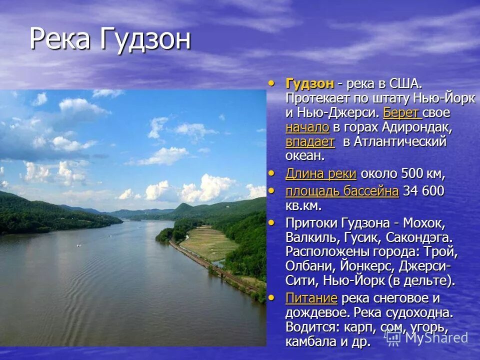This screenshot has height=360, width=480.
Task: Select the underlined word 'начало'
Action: coord(307,127)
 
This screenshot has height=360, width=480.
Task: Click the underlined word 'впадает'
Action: coord(309,141)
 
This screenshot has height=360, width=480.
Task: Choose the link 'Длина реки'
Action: coord(320,174)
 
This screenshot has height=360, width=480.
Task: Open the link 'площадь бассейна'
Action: coord(342,191)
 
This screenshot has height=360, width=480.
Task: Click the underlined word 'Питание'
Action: coord(311,298)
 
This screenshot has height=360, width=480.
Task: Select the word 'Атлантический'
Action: coord(400,141)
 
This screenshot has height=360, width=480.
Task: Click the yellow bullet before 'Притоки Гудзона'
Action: coord(271,220)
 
